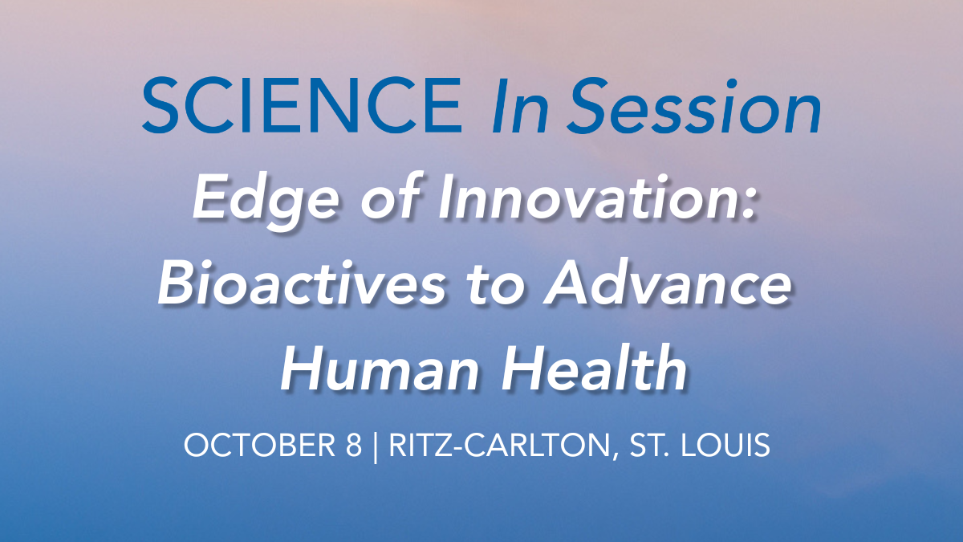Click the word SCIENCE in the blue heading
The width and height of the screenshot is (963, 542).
pos(302,105)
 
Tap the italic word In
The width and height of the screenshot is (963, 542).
pos(520,106)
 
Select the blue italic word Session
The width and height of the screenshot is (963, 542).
pos(694,106)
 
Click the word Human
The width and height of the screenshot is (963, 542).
pos(379,369)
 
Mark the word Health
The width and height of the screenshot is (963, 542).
pos(594,369)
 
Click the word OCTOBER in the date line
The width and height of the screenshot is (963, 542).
pos(260,445)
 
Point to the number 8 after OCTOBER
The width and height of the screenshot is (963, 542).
pos(354,445)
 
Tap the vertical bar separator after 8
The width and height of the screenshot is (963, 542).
pos(376,447)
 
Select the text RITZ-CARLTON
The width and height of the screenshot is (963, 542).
pos(499,445)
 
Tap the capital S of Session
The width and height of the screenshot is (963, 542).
pos(589,106)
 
